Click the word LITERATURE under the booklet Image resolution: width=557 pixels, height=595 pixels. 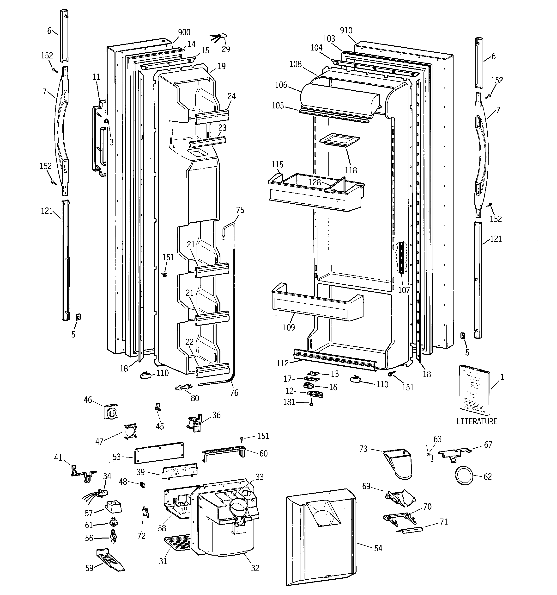coord(477,421)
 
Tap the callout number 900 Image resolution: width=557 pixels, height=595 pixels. coord(184,32)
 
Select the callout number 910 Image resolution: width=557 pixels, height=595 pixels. coord(346,31)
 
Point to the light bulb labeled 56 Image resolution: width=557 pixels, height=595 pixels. coord(113,538)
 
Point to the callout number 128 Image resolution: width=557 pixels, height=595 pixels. coord(315,182)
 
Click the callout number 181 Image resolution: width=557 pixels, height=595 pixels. coord(289,402)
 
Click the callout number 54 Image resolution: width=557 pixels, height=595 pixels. coord(378,548)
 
